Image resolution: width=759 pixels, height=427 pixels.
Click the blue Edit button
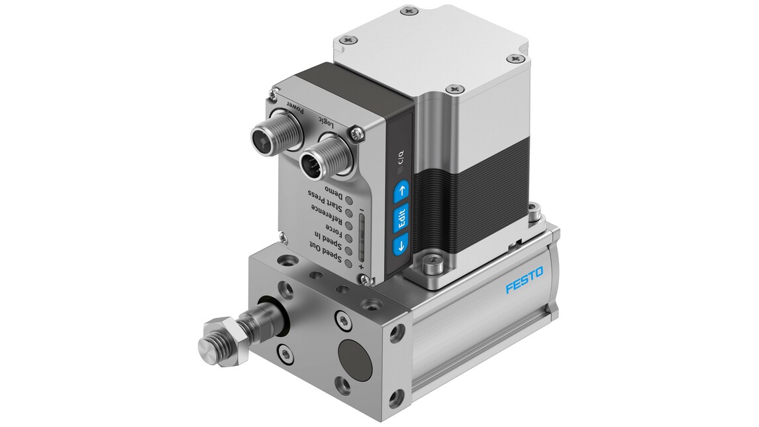click(x=401, y=218)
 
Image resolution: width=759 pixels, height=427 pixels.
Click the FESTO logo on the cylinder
click(x=523, y=280)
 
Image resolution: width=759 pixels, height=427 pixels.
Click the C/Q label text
click(x=399, y=160)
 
